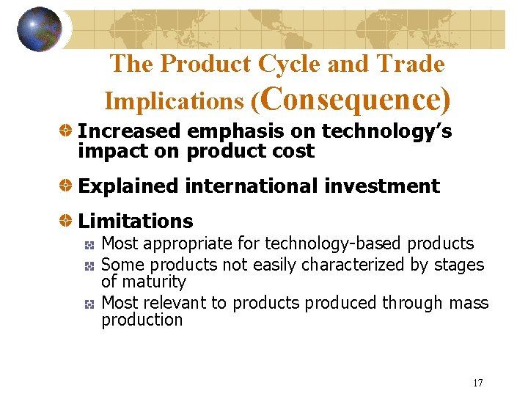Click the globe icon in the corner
[40, 29]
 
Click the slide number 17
[478, 383]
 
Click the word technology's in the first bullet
[386, 131]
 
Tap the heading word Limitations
[136, 221]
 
